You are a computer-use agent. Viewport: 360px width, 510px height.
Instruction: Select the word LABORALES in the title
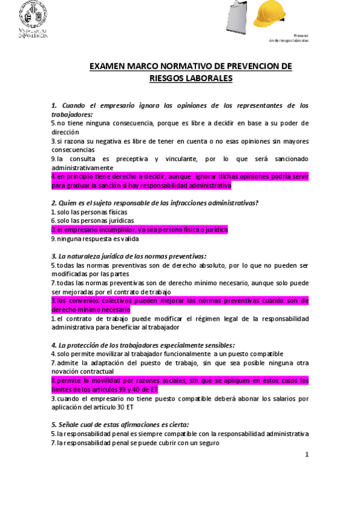click(207, 78)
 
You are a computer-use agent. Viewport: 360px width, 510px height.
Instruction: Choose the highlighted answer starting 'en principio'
click(180, 181)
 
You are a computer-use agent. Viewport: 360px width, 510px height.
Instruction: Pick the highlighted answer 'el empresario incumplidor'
click(139, 230)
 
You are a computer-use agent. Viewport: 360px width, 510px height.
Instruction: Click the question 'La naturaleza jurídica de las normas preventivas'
click(129, 256)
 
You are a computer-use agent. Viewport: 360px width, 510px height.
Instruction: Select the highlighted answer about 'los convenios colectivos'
click(180, 305)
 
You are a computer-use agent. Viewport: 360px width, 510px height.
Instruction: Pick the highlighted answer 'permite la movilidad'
click(180, 385)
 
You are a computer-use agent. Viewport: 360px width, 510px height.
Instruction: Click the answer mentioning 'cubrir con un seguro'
click(137, 443)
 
